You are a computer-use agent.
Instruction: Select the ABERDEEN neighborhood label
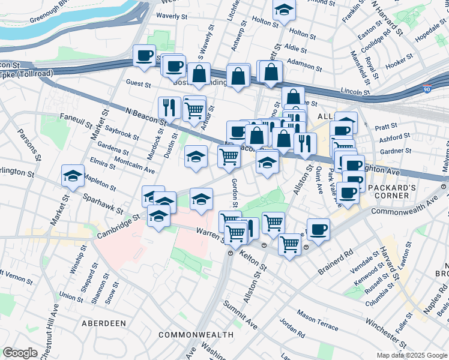(104, 323)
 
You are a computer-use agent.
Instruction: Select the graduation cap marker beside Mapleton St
(73, 176)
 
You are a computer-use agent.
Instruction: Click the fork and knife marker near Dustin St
(169, 107)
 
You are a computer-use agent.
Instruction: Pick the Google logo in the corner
(20, 353)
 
